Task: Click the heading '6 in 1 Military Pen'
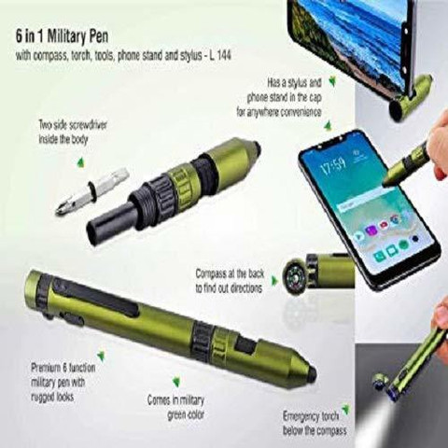(x=63, y=36)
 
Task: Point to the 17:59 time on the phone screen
(x=332, y=164)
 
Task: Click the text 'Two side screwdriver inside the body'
(x=73, y=133)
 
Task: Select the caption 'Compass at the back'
(x=230, y=273)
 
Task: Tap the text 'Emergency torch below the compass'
(x=315, y=423)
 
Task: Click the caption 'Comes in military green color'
(x=176, y=407)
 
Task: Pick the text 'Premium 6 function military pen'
(x=63, y=374)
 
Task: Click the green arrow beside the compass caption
(x=274, y=280)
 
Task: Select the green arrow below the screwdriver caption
(x=81, y=162)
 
